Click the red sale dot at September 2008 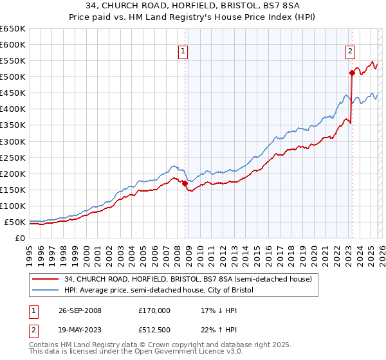185,183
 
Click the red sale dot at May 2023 352,73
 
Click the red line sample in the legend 46,279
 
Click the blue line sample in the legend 46,291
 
